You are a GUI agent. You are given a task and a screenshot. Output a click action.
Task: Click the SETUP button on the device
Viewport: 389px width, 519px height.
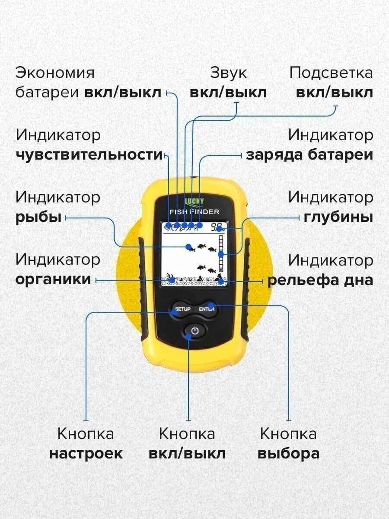point(182,309)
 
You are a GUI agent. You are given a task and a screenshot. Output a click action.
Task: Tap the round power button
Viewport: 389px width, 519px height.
point(194,331)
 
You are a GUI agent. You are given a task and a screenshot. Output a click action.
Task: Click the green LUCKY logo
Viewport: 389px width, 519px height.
point(194,201)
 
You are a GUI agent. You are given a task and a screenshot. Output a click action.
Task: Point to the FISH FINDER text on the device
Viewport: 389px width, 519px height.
point(194,212)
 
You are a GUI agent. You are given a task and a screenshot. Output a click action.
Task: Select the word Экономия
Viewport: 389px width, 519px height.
point(55,73)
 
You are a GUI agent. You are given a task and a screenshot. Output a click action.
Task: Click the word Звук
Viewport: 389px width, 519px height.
point(228,73)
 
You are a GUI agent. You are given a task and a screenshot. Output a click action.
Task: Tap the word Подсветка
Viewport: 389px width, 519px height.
point(331,73)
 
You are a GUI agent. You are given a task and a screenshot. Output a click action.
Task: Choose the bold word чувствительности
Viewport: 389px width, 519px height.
point(89,155)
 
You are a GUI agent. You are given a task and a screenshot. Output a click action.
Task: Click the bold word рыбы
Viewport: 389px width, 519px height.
point(38,217)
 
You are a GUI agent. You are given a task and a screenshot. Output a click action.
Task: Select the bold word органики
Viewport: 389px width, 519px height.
point(54,279)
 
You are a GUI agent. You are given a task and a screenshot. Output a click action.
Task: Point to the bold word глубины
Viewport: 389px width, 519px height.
point(338,217)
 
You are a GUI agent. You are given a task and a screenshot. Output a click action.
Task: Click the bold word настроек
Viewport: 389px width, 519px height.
point(86,454)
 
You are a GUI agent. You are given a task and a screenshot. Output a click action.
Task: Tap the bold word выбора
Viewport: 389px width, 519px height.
point(288,454)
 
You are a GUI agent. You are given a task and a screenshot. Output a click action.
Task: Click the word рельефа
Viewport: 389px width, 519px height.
point(302,280)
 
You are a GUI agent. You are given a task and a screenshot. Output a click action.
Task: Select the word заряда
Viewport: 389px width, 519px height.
point(274,155)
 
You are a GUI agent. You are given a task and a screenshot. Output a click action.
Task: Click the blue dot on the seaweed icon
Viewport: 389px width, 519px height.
point(172,280)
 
